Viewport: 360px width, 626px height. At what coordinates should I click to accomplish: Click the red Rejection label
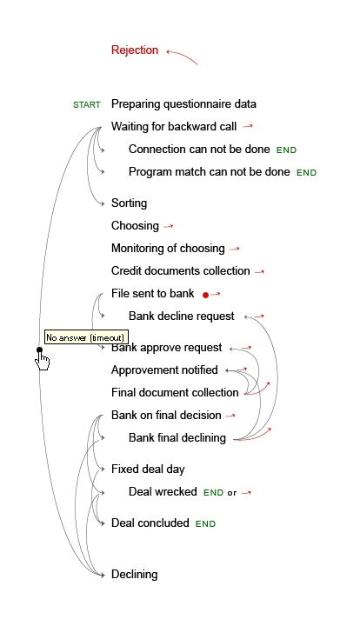135,50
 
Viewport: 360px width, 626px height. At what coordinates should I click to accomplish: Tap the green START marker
87,105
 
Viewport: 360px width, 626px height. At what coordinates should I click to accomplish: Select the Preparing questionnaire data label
183,104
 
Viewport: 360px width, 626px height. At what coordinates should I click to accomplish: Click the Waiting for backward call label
174,127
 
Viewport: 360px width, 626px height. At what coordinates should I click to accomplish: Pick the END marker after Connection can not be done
286,150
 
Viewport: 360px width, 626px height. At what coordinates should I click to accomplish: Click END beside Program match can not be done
306,173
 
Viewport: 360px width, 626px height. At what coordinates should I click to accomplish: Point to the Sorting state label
129,203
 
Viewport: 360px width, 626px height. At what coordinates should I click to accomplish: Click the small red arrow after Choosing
169,226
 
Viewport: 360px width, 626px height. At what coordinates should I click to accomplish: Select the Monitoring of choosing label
168,249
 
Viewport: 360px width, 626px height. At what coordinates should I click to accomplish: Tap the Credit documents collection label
180,271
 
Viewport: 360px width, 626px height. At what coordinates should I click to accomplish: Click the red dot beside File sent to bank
205,295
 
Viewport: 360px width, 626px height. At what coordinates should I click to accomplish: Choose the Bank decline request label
181,316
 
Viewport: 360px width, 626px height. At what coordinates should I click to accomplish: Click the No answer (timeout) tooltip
87,337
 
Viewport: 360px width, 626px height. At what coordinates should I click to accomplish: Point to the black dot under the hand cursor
39,350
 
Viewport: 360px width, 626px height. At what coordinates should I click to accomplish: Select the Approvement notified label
164,370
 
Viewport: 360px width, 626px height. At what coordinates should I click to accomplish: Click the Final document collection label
175,392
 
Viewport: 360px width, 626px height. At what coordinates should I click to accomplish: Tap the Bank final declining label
177,438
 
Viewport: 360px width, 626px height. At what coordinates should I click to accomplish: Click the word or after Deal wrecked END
232,493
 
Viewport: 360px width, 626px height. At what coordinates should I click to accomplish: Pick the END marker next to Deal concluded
205,524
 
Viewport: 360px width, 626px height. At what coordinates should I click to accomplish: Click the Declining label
134,575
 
